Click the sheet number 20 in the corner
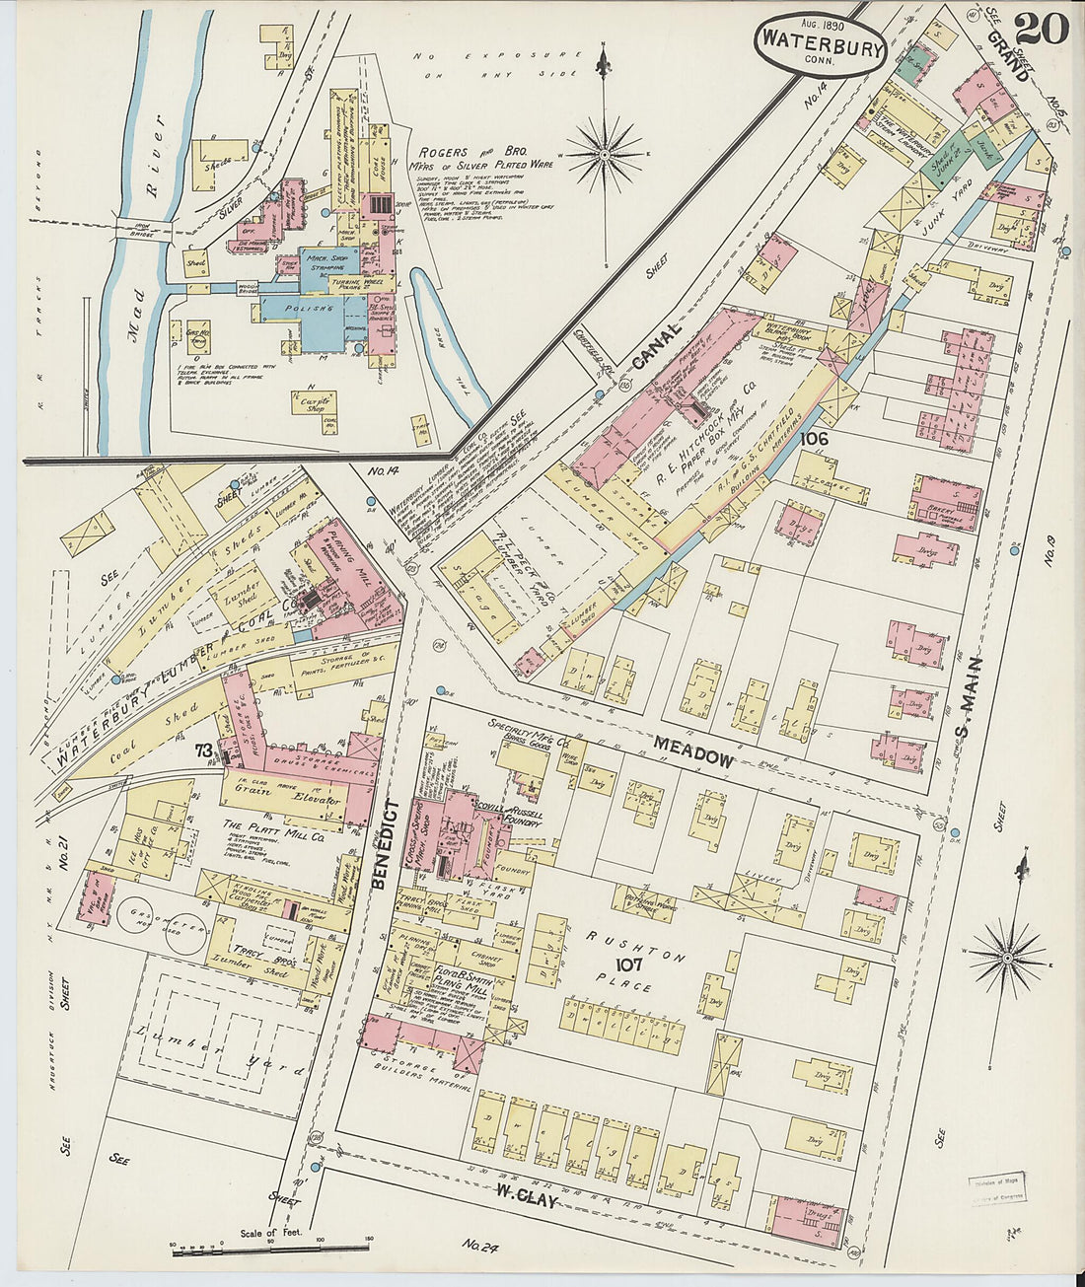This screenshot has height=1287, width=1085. pos(1041,28)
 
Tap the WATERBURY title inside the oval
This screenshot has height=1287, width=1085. pos(820,45)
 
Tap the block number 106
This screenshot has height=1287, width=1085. pos(815,438)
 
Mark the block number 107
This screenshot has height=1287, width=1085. pos(629,964)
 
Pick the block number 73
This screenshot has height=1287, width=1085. pos(203,751)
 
